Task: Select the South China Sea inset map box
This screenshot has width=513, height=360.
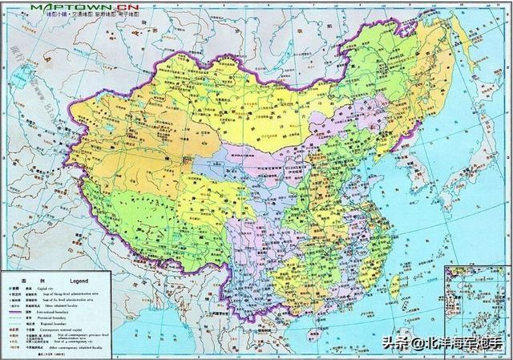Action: click(476, 305)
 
